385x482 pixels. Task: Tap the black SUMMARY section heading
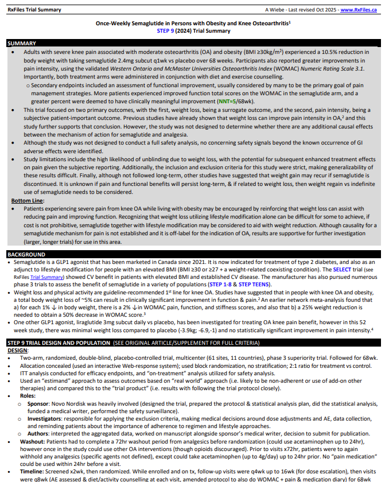click(22, 44)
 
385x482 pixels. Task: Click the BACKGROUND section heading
click(27, 253)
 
